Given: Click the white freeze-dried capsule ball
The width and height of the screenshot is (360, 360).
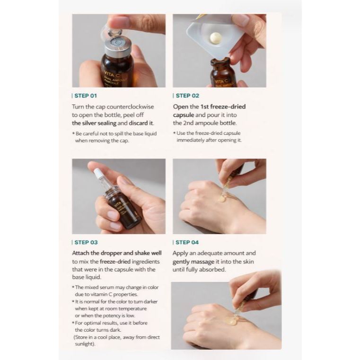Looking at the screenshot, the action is tap(216, 37).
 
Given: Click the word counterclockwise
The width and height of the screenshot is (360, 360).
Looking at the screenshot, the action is tap(130, 107).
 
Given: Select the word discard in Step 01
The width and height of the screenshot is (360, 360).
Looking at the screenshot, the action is tap(138, 123).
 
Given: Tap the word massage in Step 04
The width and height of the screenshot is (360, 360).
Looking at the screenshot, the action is tap(203, 262).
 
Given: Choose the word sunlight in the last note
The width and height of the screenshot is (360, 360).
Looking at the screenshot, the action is tap(84, 344).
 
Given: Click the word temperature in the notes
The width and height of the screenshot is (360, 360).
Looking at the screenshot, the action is tap(132, 309).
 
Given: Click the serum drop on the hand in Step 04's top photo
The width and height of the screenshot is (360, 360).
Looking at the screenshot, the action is tap(222, 198).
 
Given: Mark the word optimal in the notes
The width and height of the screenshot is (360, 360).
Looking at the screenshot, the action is tap(97, 323).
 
